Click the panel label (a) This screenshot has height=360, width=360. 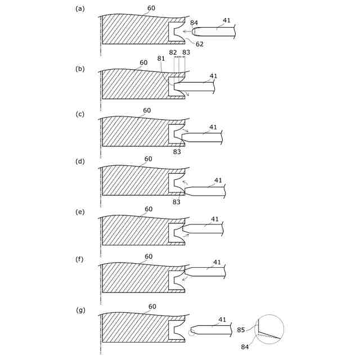click(80, 9)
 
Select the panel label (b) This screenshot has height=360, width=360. click(80, 69)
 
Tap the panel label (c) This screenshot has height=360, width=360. click(80, 114)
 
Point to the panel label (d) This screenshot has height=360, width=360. click(80, 162)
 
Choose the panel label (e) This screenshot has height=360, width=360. click(80, 211)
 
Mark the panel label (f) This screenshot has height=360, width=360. click(80, 259)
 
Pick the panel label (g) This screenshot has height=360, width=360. click(80, 310)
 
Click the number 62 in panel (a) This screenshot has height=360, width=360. click(200, 44)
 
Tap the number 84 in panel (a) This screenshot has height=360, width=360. click(194, 23)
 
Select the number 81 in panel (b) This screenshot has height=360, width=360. click(161, 58)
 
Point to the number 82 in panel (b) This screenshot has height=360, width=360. click(173, 52)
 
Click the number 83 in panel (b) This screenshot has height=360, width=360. click(186, 52)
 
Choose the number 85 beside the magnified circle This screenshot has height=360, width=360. click(241, 330)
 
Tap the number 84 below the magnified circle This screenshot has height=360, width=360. click(245, 347)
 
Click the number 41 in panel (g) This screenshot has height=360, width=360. click(222, 319)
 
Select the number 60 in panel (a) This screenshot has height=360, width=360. click(151, 8)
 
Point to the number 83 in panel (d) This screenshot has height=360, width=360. click(177, 201)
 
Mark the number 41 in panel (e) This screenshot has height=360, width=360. click(215, 219)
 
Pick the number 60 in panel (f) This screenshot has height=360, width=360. click(148, 256)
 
